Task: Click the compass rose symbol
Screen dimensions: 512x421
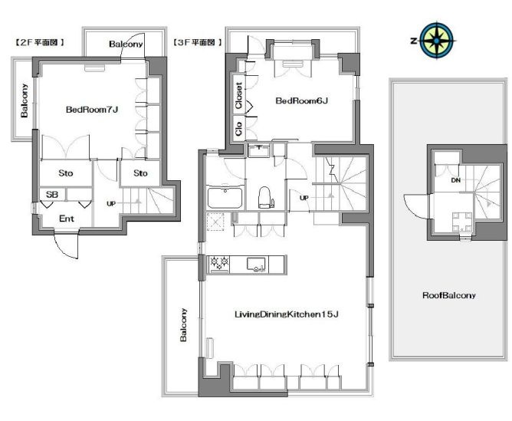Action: pos(436,41)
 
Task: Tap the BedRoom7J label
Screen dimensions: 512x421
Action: pos(92,110)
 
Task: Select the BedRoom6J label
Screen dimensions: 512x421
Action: pos(301,100)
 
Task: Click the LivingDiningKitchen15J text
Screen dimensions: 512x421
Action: pos(287,314)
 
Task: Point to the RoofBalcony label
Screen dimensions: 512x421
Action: pos(449,295)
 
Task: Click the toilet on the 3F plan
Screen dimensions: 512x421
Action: pos(265,197)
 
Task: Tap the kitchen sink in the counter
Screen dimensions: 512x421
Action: pos(256,265)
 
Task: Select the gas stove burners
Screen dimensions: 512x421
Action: pos(219,264)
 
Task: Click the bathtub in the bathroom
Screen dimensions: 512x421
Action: pos(225,197)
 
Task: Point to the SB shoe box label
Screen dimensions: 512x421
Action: pos(52,195)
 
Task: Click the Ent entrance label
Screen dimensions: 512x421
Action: pos(66,219)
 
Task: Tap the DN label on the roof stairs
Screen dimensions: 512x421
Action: pos(456,180)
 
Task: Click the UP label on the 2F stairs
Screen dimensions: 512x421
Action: pos(111,203)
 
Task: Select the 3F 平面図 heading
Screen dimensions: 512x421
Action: pos(198,42)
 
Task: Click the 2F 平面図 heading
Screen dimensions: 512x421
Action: pos(39,42)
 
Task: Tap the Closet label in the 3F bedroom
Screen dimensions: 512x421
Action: pos(238,95)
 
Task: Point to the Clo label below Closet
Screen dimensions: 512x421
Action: pos(238,129)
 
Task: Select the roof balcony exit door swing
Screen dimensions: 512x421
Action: pos(415,207)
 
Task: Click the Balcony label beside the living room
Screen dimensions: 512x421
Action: pos(183,324)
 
